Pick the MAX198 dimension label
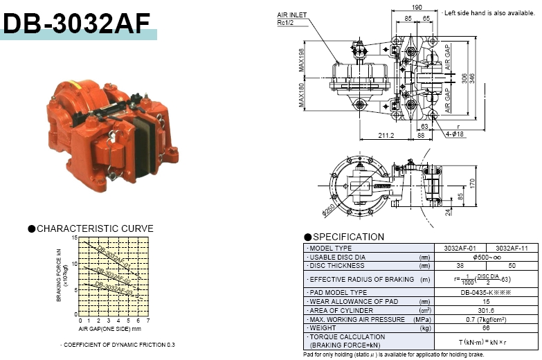[x=302, y=59]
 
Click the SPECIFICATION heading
[x=347, y=237]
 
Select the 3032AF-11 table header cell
[x=510, y=248]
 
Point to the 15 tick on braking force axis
[x=75, y=238]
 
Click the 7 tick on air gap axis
[x=148, y=321]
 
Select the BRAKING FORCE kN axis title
[x=60, y=277]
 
